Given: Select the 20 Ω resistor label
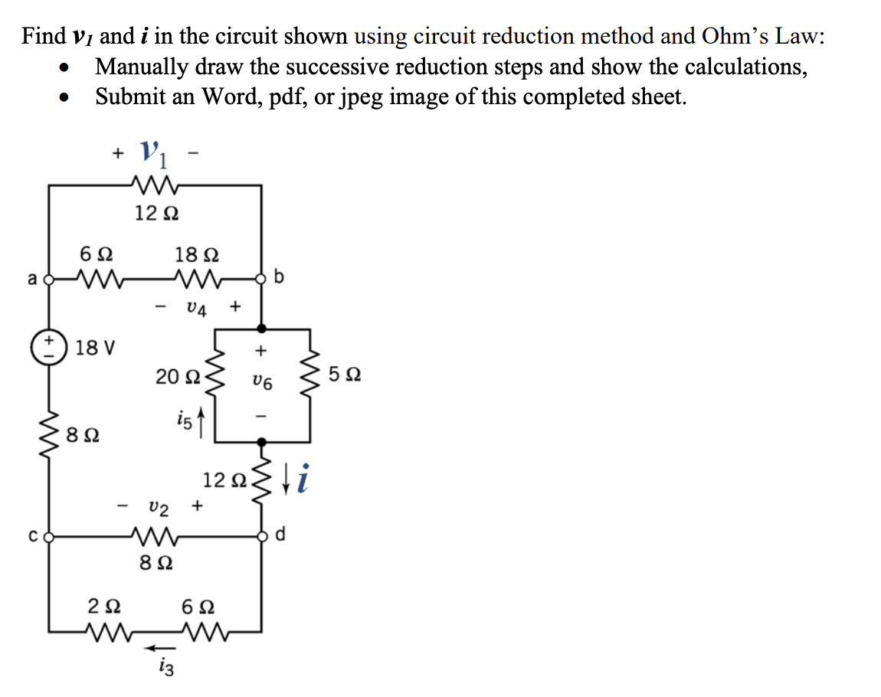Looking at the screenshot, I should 176,376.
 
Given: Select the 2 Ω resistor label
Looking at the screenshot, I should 105,607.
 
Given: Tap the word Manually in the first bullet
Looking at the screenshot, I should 141,67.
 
